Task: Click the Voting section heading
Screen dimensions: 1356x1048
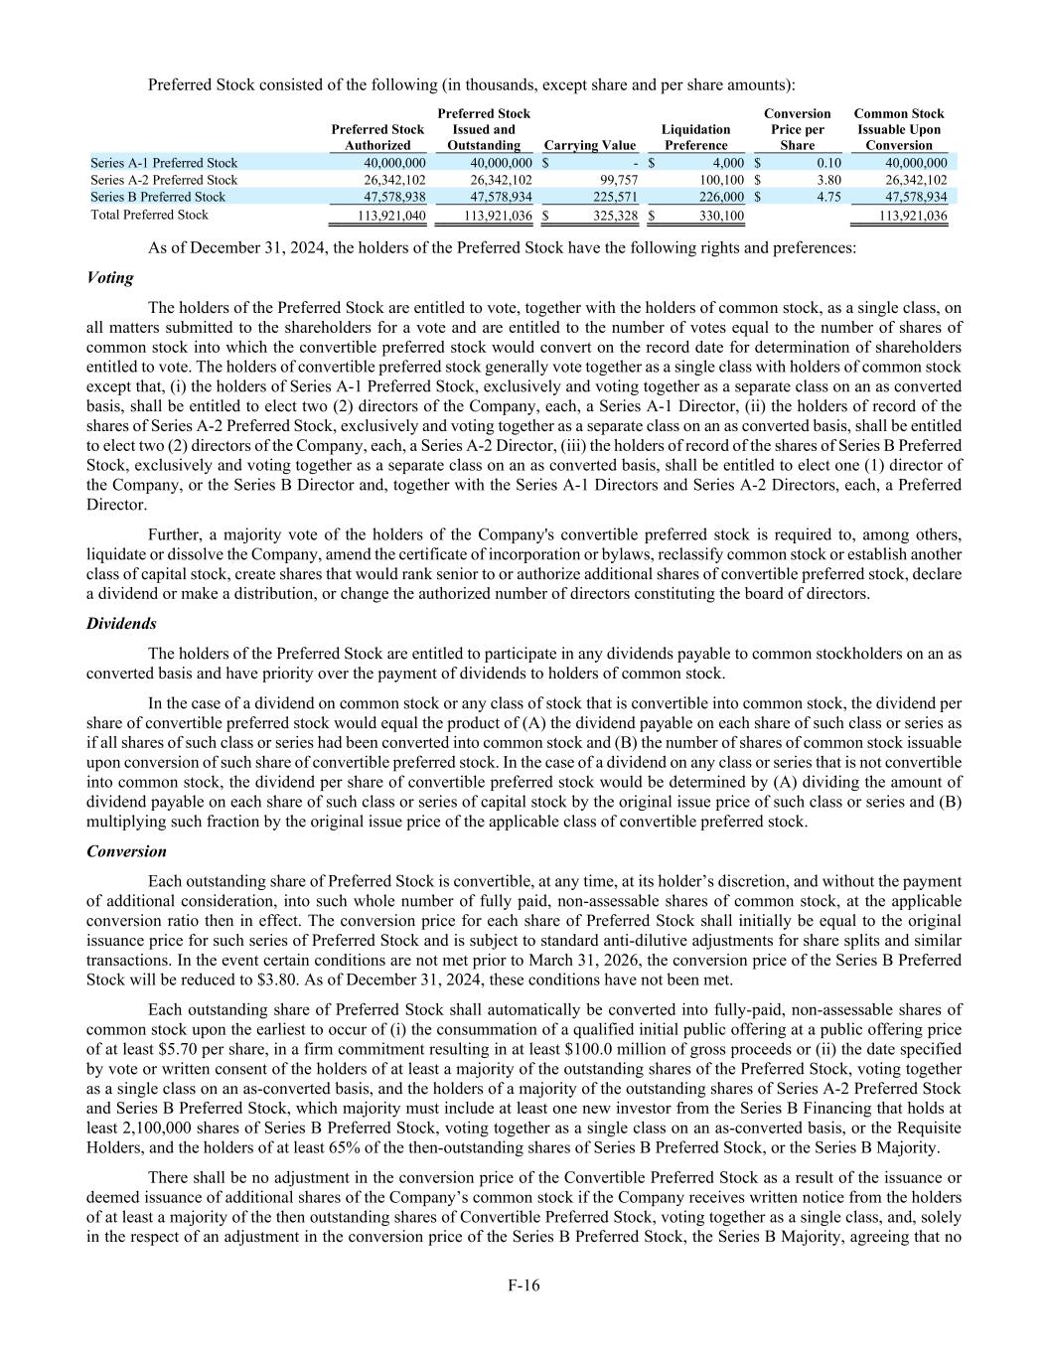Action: [x=109, y=278]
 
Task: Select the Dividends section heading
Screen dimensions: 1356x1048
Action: [x=121, y=624]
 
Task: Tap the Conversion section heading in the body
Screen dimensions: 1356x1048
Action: [x=126, y=851]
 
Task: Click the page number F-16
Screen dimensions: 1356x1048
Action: [x=524, y=1284]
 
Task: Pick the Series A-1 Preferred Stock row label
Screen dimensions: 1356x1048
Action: [x=164, y=163]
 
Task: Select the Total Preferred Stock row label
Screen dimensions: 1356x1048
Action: [x=149, y=215]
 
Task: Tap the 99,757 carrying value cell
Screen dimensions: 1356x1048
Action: [x=619, y=180]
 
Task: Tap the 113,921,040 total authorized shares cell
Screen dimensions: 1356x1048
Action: [x=391, y=216]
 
